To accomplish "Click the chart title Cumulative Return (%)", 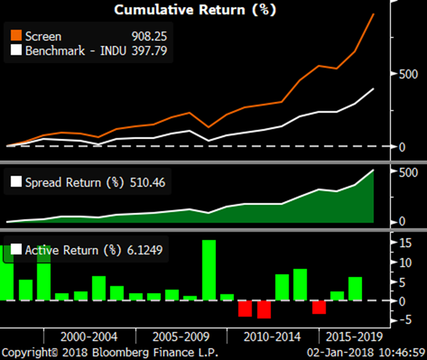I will [x=195, y=10].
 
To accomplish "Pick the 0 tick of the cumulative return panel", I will [x=403, y=147].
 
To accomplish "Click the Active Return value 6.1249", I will [x=144, y=250].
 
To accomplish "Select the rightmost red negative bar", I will [x=318, y=307].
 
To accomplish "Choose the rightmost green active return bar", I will [x=355, y=288].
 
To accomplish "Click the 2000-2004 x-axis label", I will [x=89, y=337].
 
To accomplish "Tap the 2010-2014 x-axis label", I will [x=272, y=337].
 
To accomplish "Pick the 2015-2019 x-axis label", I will [x=353, y=337].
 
